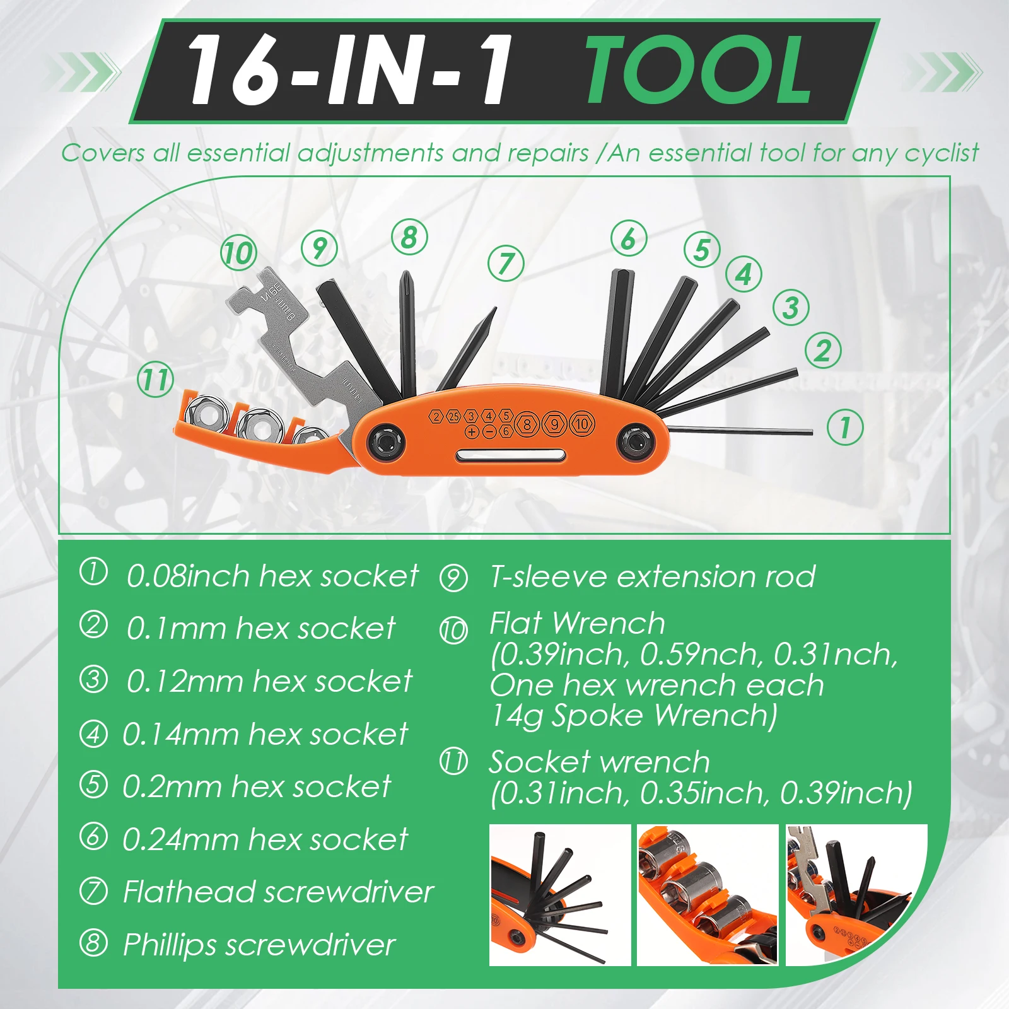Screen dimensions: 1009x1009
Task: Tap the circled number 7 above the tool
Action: click(506, 263)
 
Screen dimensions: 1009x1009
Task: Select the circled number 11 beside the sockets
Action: click(155, 380)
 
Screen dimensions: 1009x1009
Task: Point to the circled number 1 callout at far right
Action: click(845, 427)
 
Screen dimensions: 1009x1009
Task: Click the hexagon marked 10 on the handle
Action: click(582, 424)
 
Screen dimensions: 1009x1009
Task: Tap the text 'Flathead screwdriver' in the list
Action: click(278, 892)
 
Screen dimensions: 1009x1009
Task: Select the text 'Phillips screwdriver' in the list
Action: click(259, 945)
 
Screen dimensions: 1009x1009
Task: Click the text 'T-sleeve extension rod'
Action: click(652, 576)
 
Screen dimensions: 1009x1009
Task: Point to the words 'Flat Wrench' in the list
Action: click(577, 624)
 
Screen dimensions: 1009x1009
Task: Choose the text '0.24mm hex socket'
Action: click(265, 839)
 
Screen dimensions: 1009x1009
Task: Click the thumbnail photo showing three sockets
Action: click(708, 895)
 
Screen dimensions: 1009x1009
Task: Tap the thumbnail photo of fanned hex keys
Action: click(560, 895)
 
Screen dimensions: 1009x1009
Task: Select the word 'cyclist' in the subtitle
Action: click(941, 153)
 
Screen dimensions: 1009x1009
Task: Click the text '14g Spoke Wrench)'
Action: click(634, 716)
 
